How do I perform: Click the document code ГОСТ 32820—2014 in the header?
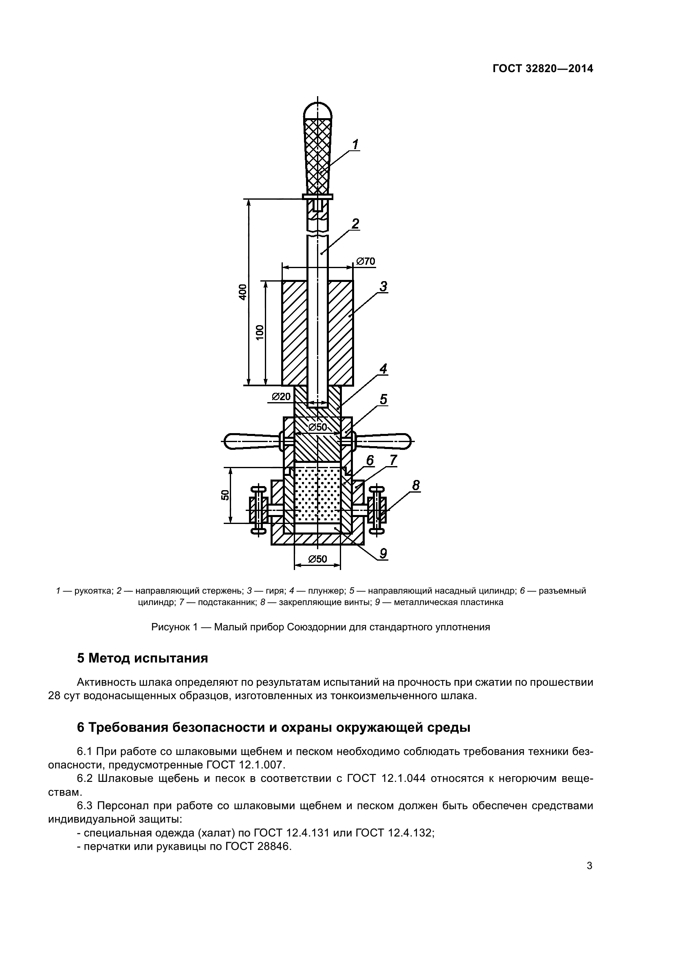543,68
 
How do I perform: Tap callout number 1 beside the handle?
355,145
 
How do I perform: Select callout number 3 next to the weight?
383,286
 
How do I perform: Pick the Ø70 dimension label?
366,261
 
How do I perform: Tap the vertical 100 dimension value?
260,332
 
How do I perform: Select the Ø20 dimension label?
281,397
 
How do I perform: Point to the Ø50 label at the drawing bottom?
317,559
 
